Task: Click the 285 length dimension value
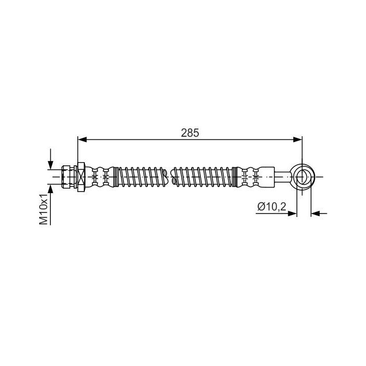[190, 133]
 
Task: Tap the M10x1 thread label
[43, 209]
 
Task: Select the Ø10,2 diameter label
[271, 207]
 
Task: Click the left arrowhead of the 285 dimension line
[82, 140]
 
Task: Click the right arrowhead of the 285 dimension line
[297, 140]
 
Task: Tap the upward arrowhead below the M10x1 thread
[50, 189]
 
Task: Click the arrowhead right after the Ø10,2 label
[292, 213]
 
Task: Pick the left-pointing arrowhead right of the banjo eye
[316, 213]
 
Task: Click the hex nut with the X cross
[81, 177]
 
